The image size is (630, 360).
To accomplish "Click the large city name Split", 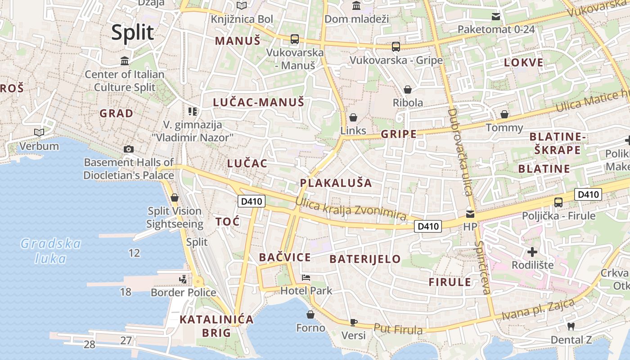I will click(x=133, y=33).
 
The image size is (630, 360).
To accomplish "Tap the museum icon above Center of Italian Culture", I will click(x=125, y=61).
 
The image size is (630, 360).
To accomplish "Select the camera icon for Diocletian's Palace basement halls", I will click(x=129, y=149).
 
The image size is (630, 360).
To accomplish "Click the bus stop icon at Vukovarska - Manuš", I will click(x=295, y=39).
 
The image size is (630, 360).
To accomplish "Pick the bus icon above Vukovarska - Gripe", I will click(x=396, y=46).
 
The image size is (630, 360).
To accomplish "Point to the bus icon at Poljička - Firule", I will click(x=558, y=202).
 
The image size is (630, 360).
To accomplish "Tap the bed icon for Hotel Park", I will click(x=306, y=277).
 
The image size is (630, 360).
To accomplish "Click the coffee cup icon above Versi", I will click(x=354, y=322).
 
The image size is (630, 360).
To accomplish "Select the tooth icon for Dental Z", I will click(x=571, y=326).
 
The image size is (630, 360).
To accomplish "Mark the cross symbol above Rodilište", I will click(x=532, y=252).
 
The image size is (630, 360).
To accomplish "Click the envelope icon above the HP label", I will click(x=470, y=214).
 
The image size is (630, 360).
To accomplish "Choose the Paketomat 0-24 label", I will click(x=496, y=30).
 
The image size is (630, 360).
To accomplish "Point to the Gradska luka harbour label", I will click(x=51, y=251).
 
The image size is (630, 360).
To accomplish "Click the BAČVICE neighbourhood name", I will click(x=285, y=257).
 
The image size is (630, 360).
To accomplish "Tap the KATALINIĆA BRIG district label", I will click(x=216, y=326).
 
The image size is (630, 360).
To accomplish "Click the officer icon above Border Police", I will click(x=183, y=279).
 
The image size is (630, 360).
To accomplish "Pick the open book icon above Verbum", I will click(x=39, y=132).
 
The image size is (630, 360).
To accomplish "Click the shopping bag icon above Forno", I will click(x=310, y=314).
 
